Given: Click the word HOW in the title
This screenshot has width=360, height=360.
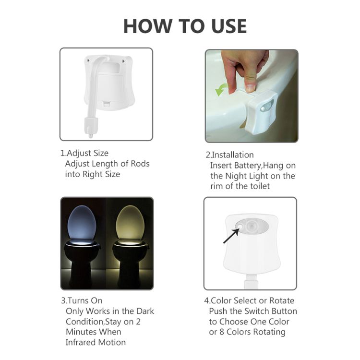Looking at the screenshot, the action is click(148, 26).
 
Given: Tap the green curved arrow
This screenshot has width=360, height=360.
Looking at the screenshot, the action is click(221, 90).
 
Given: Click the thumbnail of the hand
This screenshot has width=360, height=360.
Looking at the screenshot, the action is click(252, 96).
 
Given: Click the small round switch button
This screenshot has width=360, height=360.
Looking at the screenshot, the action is click(240, 226).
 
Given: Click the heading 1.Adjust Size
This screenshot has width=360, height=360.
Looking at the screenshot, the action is click(84, 153).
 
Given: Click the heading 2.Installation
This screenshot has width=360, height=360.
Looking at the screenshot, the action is click(229, 155).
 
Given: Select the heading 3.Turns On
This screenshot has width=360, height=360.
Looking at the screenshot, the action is click(82, 300).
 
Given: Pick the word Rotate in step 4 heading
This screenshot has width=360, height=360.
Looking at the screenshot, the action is click(282, 300).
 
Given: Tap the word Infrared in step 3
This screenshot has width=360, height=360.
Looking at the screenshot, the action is click(80, 342).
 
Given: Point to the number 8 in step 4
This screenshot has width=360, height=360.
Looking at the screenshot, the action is click(222, 332).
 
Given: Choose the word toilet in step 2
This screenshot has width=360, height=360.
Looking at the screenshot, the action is click(260, 186).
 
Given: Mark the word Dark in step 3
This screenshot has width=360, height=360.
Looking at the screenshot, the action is click(145, 311).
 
